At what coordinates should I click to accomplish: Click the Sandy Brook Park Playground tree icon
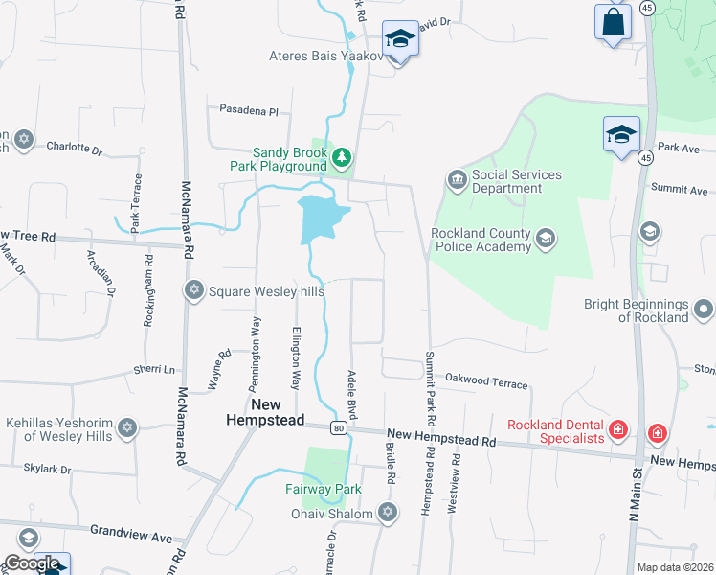point(342,156)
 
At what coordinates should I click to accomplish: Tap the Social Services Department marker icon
point(457,179)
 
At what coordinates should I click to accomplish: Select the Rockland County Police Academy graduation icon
point(546,238)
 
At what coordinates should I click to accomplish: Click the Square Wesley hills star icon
point(194,290)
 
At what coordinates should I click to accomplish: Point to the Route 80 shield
point(339,428)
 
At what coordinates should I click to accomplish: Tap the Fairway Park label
point(323,489)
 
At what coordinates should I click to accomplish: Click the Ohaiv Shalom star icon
point(388,513)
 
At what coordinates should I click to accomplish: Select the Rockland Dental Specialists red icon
point(618,429)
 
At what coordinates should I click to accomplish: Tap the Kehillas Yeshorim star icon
point(127,427)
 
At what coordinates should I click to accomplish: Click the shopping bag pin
point(613,22)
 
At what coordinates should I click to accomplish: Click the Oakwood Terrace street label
point(486,382)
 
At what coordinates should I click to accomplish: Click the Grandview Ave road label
point(130,530)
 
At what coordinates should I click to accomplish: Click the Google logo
point(32,563)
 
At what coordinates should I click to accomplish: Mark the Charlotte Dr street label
point(75,148)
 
